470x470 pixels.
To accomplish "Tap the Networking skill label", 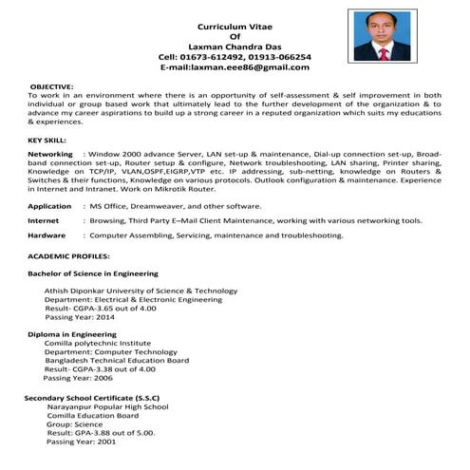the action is (x=50, y=153).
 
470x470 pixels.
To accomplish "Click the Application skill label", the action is (x=50, y=205).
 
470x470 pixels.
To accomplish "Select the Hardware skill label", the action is (x=47, y=235).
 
